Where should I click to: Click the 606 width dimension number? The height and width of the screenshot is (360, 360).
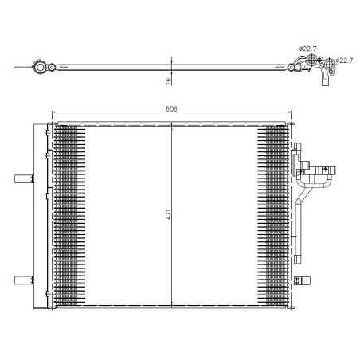(171, 108)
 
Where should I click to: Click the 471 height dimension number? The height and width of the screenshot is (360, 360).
(168, 216)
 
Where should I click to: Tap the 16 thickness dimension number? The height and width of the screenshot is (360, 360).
(168, 80)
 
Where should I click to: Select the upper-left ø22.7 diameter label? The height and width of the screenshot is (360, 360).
(308, 49)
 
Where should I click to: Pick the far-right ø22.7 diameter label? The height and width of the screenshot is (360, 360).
(344, 61)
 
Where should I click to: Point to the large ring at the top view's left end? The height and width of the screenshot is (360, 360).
(40, 68)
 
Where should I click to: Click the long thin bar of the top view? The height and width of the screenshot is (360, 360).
(171, 67)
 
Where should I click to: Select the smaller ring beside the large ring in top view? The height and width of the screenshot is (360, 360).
(53, 68)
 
